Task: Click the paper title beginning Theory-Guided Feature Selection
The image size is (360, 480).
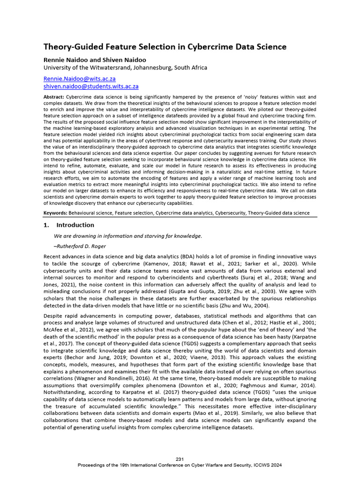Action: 165,47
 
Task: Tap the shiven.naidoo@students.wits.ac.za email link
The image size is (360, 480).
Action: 90,87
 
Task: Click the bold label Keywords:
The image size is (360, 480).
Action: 56,213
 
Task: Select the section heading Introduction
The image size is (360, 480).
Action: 75,225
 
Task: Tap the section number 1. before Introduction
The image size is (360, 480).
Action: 46,225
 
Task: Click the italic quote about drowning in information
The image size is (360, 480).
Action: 128,236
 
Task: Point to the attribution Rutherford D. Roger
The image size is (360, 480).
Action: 81,246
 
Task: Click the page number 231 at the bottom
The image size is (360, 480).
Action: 180,458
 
